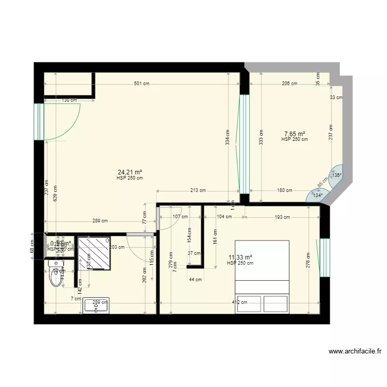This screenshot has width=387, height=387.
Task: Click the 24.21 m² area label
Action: pyautogui.click(x=130, y=172)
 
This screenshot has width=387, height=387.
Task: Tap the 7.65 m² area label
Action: pyautogui.click(x=294, y=134)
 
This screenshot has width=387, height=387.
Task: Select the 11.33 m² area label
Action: pyautogui.click(x=240, y=257)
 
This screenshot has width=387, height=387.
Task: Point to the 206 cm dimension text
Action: pyautogui.click(x=289, y=84)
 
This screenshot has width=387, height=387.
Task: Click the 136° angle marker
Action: pyautogui.click(x=336, y=175)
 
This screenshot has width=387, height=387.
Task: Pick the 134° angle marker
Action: pyautogui.click(x=317, y=195)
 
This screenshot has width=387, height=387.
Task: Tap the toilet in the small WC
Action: pyautogui.click(x=55, y=275)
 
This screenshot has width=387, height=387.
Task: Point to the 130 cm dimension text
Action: pyautogui.click(x=70, y=100)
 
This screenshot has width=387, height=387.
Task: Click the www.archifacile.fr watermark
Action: pyautogui.click(x=355, y=351)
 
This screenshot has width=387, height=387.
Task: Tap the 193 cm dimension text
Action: pyautogui.click(x=281, y=217)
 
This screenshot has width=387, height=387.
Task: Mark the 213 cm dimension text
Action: pyautogui.click(x=198, y=190)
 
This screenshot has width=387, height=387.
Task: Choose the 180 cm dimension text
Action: pyautogui.click(x=284, y=190)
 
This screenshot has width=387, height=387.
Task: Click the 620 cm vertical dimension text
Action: pyautogui.click(x=54, y=192)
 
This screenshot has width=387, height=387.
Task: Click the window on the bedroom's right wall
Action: pyautogui.click(x=325, y=257)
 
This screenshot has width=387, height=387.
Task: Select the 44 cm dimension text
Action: pyautogui.click(x=195, y=279)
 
